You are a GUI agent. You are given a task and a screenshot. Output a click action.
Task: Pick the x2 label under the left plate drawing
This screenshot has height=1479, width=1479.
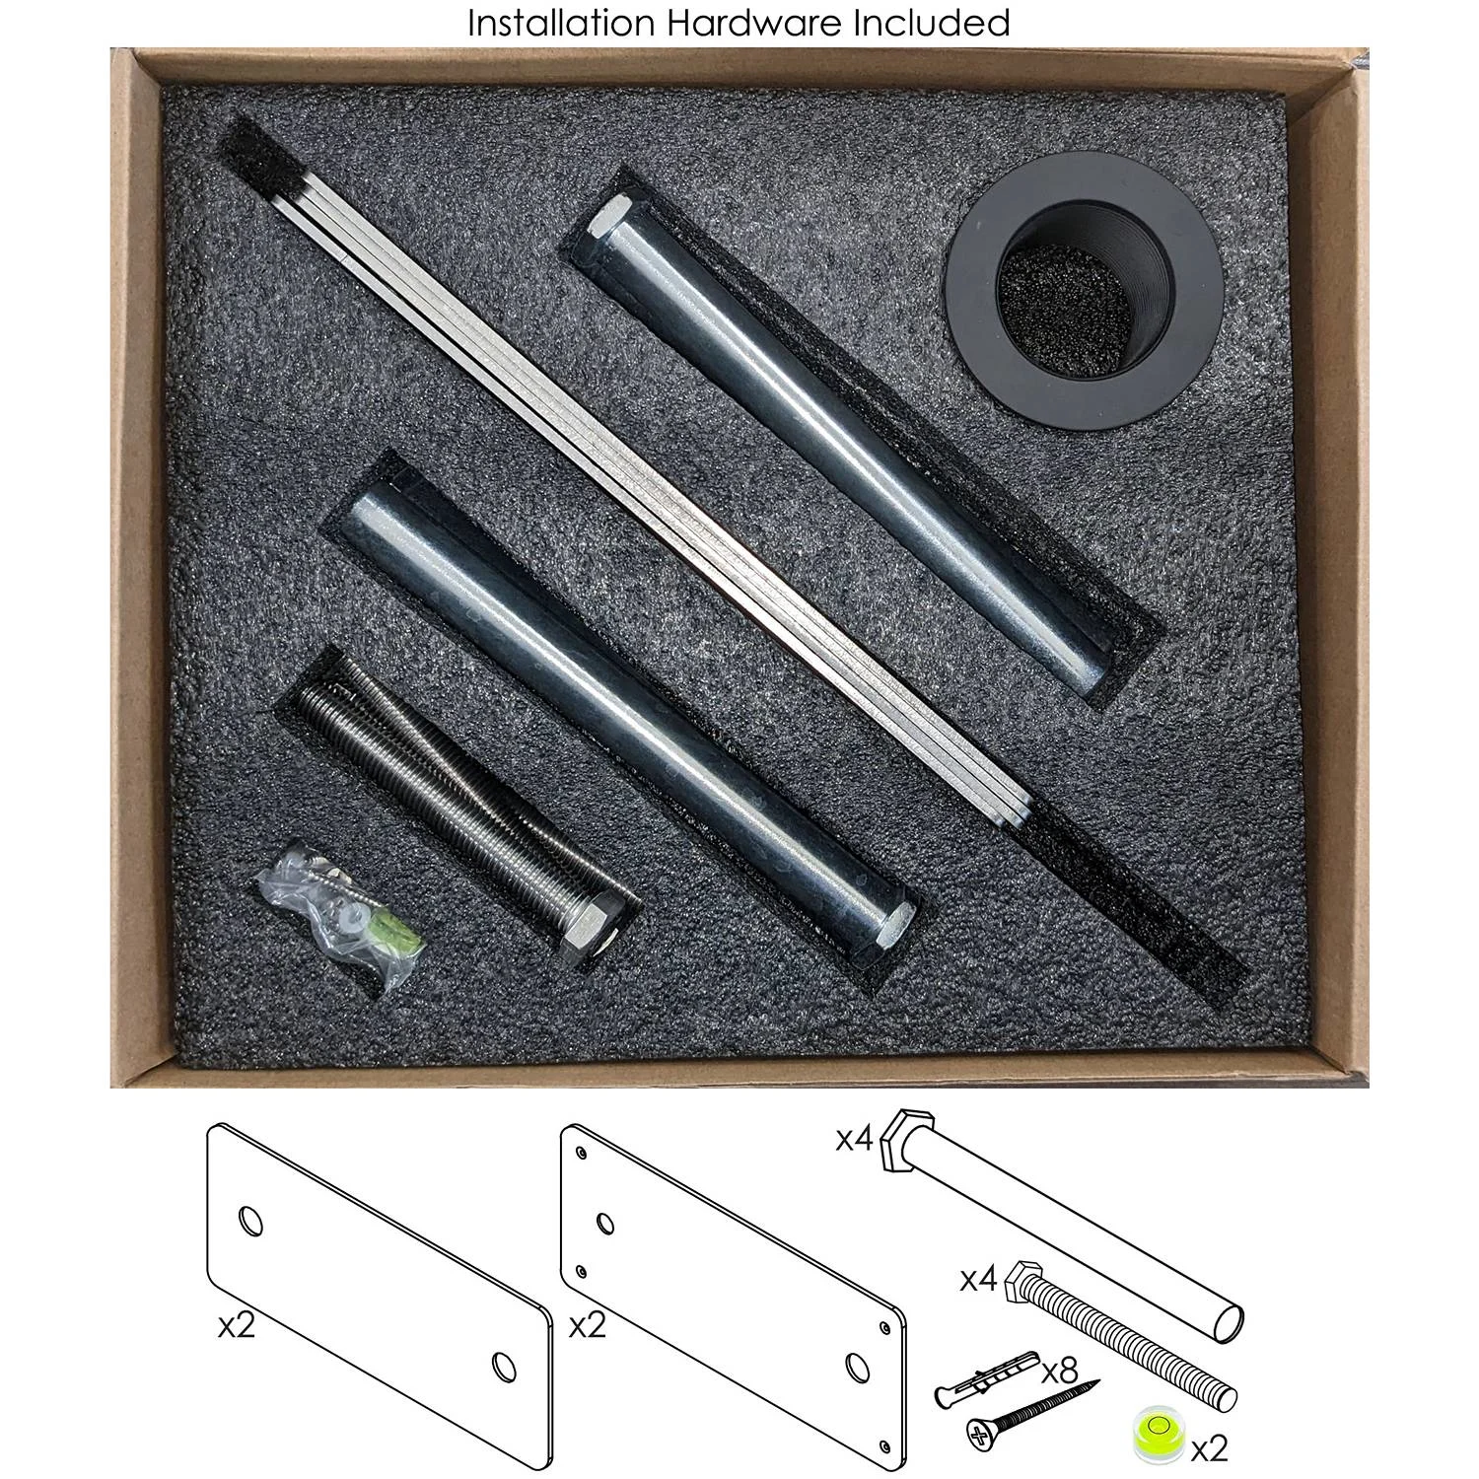pos(237,1326)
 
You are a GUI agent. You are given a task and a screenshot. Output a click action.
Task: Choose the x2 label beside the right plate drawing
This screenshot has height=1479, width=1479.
pos(588,1326)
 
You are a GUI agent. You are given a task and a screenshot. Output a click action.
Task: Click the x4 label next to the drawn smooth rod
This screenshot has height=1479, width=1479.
pos(855,1140)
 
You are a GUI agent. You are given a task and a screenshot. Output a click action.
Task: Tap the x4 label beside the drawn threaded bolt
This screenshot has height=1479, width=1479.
pos(980,1281)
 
